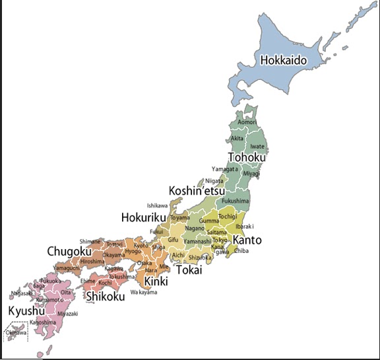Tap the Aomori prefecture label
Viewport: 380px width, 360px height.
(x=247, y=122)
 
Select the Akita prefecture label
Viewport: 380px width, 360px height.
(x=237, y=139)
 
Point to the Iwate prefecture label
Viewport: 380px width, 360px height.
(x=257, y=147)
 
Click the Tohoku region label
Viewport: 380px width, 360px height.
(x=247, y=158)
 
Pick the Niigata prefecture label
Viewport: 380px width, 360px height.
(x=214, y=180)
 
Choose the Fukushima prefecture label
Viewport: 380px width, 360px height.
(x=236, y=200)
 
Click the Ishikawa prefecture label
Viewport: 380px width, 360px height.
(x=158, y=205)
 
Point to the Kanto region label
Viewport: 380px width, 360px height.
(x=247, y=240)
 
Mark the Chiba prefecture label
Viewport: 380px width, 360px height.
(x=241, y=251)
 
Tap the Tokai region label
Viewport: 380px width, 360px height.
(x=189, y=270)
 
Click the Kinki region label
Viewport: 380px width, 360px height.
(x=156, y=282)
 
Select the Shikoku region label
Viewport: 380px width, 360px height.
(x=106, y=297)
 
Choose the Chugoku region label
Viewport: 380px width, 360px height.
(x=69, y=251)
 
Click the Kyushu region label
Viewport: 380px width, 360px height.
(x=26, y=310)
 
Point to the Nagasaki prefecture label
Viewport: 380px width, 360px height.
(x=22, y=293)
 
